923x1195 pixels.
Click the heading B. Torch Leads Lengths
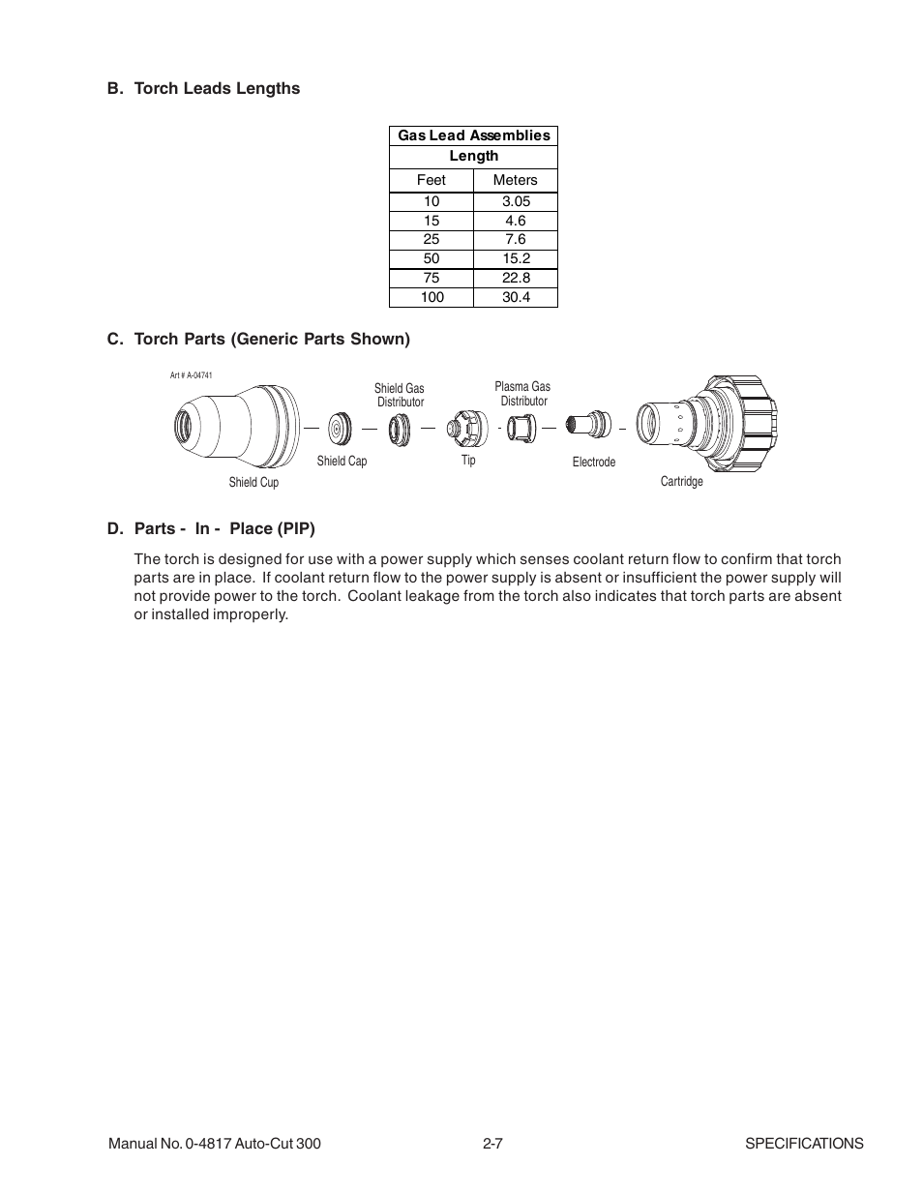[x=203, y=88]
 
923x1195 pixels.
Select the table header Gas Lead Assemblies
[x=473, y=135]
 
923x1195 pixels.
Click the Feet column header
[x=431, y=180]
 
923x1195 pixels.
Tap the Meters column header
[x=515, y=180]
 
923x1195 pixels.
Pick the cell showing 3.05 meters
[x=516, y=201]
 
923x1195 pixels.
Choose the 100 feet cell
[x=432, y=297]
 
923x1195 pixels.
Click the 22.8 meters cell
[x=516, y=278]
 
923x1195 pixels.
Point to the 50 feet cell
[x=432, y=258]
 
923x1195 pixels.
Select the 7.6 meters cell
[x=516, y=239]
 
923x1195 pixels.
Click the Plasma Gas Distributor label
[x=522, y=394]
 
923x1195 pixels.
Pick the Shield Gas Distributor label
[x=400, y=395]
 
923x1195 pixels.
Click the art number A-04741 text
[x=191, y=374]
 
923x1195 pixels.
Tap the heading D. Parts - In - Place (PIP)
[x=211, y=528]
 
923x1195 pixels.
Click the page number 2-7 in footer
[x=492, y=1144]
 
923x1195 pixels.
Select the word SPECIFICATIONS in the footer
[x=803, y=1144]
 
